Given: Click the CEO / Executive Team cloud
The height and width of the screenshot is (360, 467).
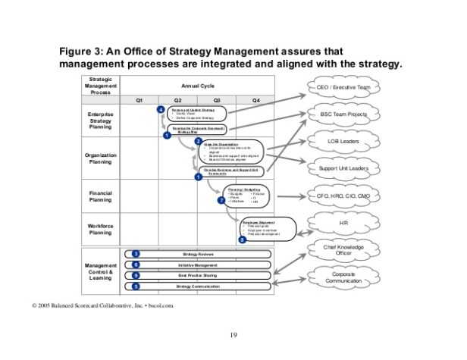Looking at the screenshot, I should [343, 89].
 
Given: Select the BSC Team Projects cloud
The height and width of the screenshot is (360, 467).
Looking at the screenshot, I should [343, 115].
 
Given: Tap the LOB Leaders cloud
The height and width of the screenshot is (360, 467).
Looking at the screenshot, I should [343, 141].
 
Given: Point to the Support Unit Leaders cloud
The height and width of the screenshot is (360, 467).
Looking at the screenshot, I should [343, 167].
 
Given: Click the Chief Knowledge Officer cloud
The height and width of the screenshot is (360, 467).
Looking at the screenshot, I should [343, 251].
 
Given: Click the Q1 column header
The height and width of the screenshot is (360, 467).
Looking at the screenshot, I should [139, 100].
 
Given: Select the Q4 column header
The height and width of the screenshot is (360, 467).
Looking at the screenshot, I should [255, 100].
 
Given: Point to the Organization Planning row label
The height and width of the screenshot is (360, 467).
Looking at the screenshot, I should [101, 158].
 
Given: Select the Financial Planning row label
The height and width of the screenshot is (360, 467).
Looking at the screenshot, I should [101, 196].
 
